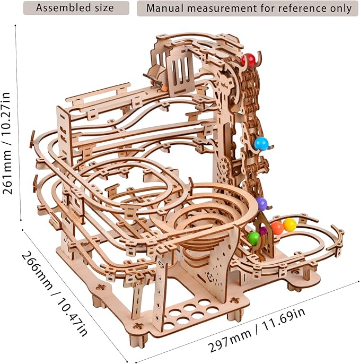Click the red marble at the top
pos(248,60)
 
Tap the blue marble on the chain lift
pos(261,143)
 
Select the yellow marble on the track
pos(289,225)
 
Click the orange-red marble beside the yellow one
pos(277,228)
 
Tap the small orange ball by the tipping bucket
pos(165,89)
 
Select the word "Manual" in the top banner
pos(165,8)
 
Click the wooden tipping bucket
pos(154,77)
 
